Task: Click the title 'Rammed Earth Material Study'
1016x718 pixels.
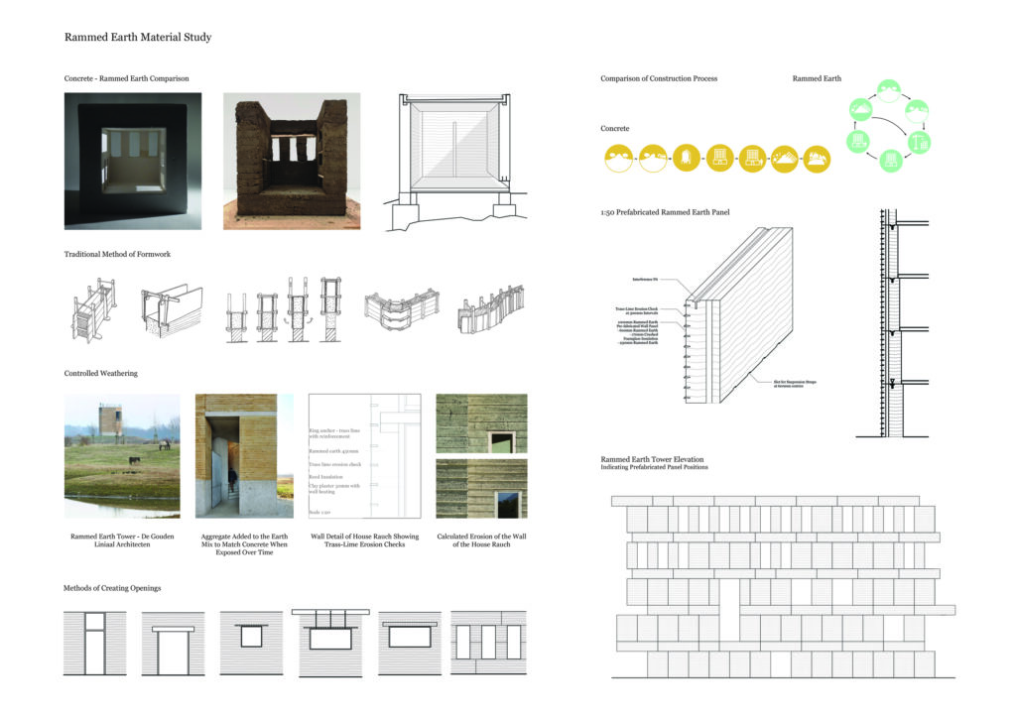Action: click(138, 38)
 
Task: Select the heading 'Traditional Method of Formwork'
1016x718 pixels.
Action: click(117, 255)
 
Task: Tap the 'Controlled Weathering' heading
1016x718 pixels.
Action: click(101, 374)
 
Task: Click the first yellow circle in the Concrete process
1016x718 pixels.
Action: click(620, 159)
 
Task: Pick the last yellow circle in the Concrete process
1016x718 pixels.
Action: click(817, 159)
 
